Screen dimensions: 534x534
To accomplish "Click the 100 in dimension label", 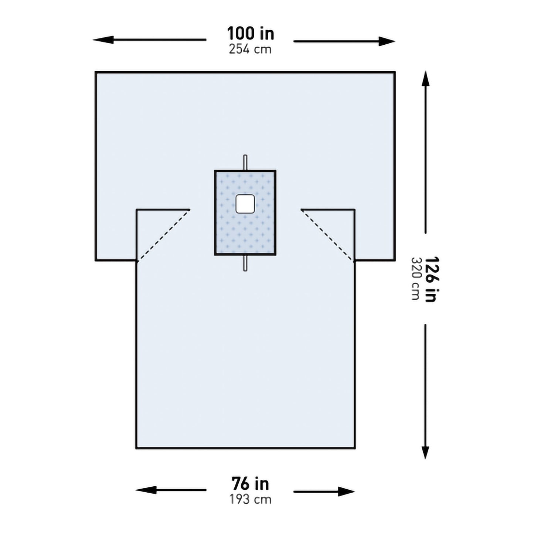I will (x=251, y=33).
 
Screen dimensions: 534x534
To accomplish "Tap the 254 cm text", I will (x=250, y=49).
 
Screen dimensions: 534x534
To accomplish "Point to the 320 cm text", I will (x=415, y=279).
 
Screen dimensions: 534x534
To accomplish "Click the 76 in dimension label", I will (x=250, y=484).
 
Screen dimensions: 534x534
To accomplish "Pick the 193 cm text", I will (x=250, y=500).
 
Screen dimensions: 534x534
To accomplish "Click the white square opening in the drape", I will (x=245, y=204).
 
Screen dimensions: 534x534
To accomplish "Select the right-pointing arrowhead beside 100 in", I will (x=388, y=41).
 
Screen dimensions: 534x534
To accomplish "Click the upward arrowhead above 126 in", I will (x=426, y=78).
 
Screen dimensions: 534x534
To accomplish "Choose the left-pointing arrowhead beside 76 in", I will (x=143, y=490).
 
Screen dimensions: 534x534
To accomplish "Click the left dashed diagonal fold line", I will (x=163, y=235).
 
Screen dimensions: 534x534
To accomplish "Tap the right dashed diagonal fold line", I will (x=327, y=235).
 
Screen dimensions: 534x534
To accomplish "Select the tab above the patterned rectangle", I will (x=245, y=162).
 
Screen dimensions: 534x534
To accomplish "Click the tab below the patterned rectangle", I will (x=245, y=263).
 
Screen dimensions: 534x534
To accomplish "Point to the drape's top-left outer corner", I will (x=96, y=72).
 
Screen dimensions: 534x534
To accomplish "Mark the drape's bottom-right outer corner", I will (x=355, y=448).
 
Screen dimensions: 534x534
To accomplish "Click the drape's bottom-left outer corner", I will (x=136, y=448).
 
